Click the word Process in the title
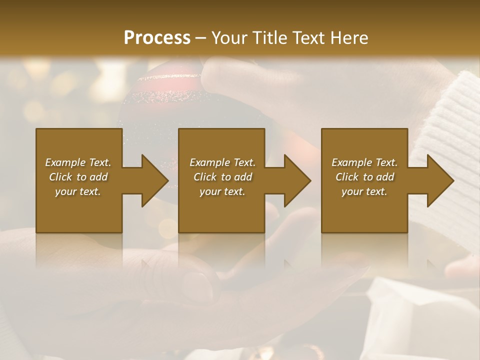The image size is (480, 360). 157,38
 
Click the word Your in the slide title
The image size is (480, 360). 229,38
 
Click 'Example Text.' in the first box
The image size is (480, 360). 78,162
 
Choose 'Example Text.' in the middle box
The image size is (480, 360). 222,162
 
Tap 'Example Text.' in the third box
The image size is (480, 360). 364,162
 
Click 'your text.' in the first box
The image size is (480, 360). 78,191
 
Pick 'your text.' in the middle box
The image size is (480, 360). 222,191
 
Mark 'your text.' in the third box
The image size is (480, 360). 364,191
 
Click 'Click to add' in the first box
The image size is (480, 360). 78,177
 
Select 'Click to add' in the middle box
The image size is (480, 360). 222,177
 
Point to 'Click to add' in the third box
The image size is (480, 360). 364,177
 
